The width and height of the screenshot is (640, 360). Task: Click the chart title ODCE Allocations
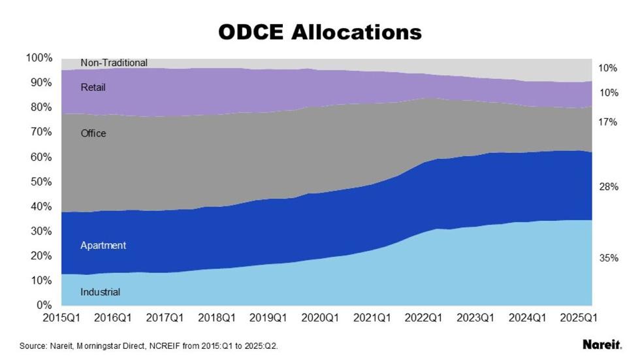coord(320,31)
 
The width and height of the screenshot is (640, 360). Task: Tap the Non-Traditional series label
coord(114,63)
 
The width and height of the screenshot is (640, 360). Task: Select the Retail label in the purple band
coord(93,87)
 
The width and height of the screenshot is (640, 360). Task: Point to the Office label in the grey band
coord(93,133)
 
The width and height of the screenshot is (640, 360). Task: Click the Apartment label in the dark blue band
coord(103,246)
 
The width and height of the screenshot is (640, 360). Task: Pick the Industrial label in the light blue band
coord(100,292)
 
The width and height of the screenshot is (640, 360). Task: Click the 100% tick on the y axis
coord(39,58)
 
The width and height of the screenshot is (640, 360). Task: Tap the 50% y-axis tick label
coord(40,182)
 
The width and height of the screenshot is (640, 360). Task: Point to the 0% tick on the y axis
coord(43,305)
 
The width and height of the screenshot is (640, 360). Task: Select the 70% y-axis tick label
coord(40,132)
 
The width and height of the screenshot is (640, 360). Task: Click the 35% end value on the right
coord(609,258)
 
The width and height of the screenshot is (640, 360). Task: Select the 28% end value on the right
coord(609,187)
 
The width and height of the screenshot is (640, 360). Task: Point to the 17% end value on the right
coord(609,122)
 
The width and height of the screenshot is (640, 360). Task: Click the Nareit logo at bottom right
coord(601,344)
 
